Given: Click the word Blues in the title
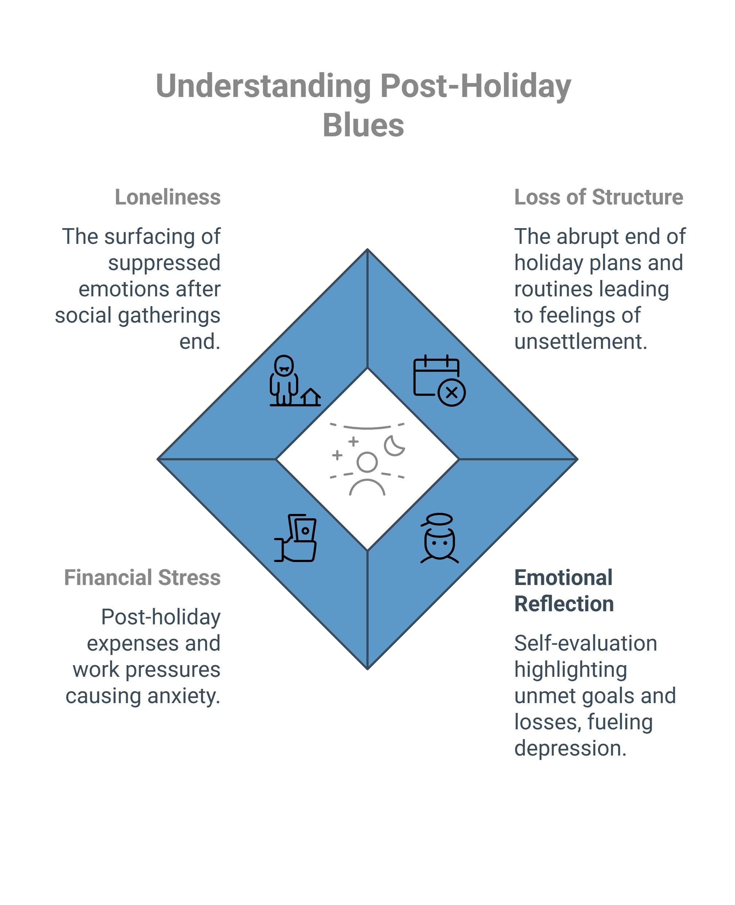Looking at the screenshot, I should coord(363,125).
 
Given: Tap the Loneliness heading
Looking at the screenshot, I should coord(168,197).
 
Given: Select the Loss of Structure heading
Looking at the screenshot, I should coord(599,197).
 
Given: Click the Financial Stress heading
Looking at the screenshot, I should coord(142,577).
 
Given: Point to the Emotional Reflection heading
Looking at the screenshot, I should coord(564,590).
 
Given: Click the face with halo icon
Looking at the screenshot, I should coord(439,538).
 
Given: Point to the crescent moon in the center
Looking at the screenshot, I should coord(394,445).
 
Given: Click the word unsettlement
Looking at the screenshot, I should coord(580,342).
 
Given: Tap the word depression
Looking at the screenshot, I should coord(570,748).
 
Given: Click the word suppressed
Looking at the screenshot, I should coord(164,263).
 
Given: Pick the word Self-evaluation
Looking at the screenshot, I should coord(586,643).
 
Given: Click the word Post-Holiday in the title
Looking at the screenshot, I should coord(475,86).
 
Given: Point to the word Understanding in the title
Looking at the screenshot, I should coord(263,86).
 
